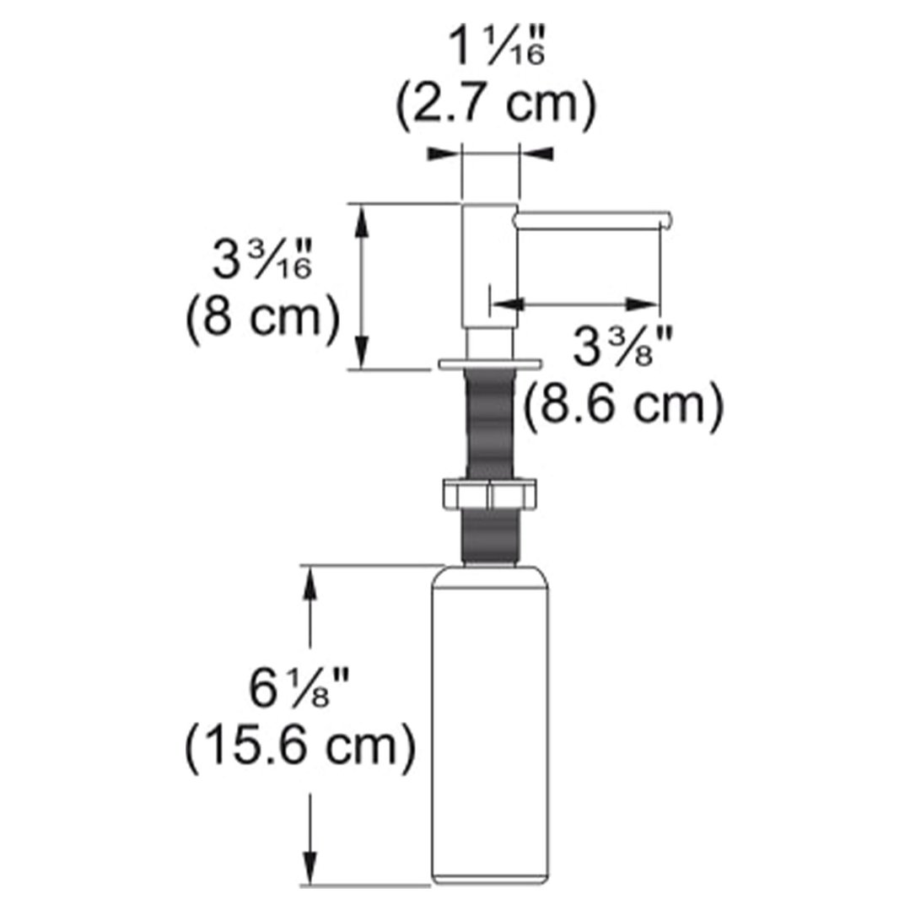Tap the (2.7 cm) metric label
tap(496, 105)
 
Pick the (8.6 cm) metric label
tap(622, 406)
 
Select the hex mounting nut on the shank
tap(489, 495)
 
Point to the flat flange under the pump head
tap(489, 363)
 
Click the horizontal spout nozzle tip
tap(665, 220)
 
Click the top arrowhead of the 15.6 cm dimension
tap(313, 582)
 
